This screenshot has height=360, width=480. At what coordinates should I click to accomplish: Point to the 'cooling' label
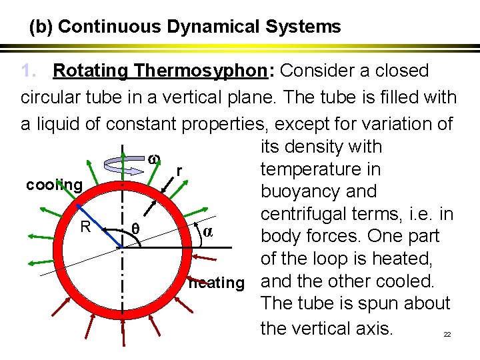pos(55,185)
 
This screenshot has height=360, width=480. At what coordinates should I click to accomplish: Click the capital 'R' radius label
pos(85,227)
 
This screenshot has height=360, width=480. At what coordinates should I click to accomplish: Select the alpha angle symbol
pos(207,231)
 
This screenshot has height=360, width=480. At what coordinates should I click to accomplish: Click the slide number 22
pos(447,334)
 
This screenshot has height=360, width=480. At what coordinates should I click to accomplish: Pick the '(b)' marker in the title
pos(41,27)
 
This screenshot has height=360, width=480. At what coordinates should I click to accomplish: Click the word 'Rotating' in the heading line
pos(91,71)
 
